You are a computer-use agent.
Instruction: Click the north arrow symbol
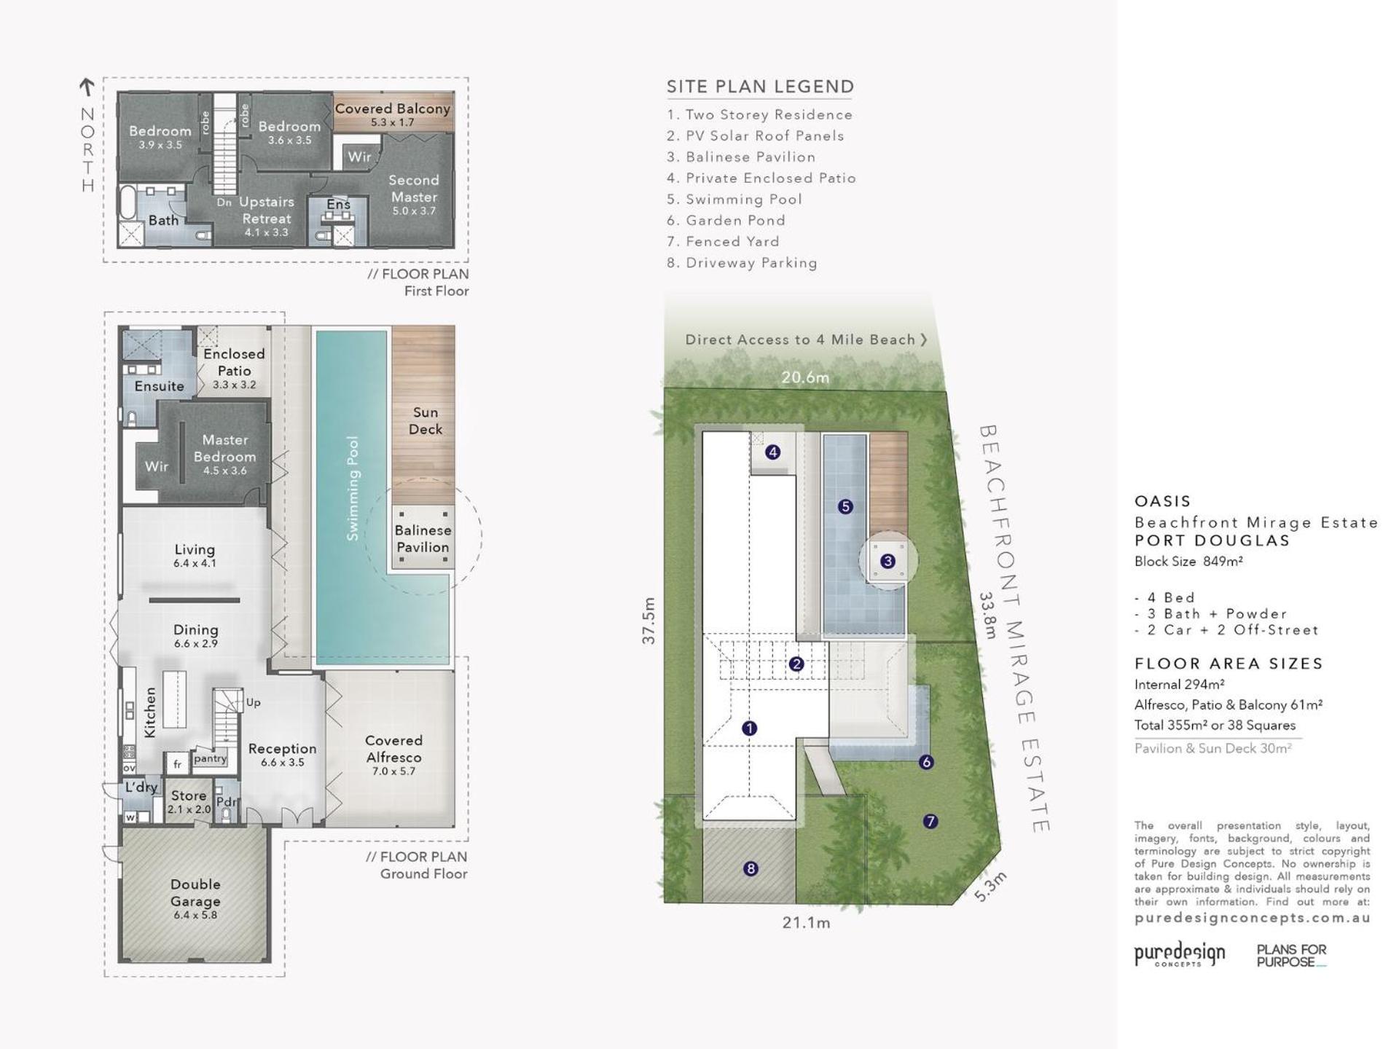(x=87, y=87)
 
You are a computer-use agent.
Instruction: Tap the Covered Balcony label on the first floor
(x=392, y=109)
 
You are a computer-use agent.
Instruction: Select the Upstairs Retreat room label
(x=267, y=210)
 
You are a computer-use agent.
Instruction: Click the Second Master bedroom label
(x=414, y=188)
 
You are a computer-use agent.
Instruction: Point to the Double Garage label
(x=195, y=892)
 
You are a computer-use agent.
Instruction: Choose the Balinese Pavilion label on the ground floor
(x=423, y=538)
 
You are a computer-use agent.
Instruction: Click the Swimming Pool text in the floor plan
(x=353, y=488)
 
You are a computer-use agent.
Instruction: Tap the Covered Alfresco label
(x=393, y=748)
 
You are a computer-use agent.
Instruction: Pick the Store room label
(x=189, y=795)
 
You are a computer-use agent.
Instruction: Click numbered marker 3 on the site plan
(x=887, y=561)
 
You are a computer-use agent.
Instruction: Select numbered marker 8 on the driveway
(x=751, y=868)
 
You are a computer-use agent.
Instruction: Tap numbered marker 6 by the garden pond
(x=926, y=762)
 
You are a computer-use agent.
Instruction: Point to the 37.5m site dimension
(x=648, y=621)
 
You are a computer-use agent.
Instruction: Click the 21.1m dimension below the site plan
(x=806, y=922)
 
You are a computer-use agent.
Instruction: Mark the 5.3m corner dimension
(x=990, y=887)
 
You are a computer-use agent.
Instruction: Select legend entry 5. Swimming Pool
(x=734, y=199)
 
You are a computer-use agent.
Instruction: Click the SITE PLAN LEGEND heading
(x=760, y=87)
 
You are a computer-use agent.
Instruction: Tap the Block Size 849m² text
(x=1188, y=561)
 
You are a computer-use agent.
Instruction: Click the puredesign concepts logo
(x=1180, y=954)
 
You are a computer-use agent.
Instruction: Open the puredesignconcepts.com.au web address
(x=1252, y=918)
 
